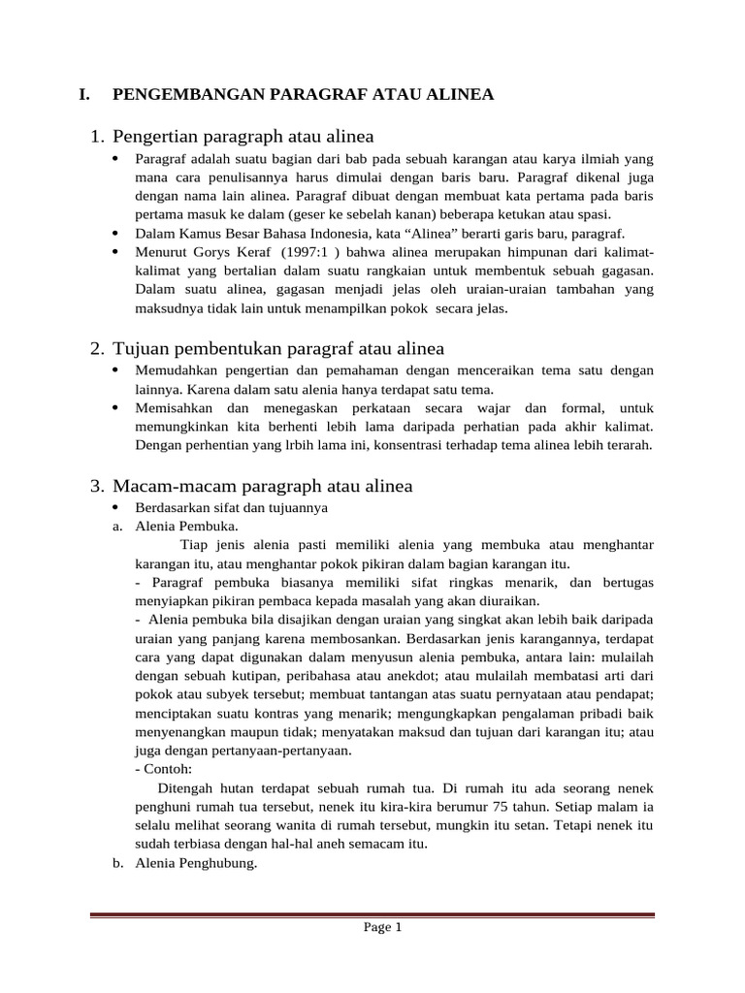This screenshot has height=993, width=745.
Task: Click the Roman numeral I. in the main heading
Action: (x=84, y=94)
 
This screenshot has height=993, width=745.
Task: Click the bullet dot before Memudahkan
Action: (x=116, y=371)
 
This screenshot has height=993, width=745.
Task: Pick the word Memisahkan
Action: (x=173, y=408)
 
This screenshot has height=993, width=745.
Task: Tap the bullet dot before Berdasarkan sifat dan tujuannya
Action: (x=116, y=508)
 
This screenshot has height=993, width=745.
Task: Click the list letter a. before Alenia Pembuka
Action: (x=118, y=527)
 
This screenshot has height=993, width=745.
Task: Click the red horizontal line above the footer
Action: (x=372, y=914)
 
